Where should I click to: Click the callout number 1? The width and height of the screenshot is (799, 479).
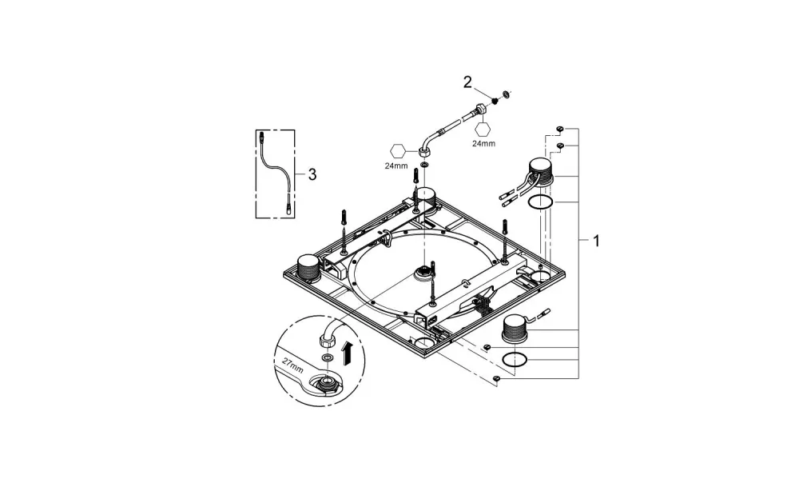pos(596,240)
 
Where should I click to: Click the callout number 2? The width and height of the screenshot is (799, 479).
pos(467,82)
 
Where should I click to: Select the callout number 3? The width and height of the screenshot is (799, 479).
pos(312,175)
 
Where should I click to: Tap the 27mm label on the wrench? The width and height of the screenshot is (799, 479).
pos(293,366)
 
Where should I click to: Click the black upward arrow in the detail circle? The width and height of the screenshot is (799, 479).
pos(348,353)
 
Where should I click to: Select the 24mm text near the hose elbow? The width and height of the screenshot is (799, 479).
pos(396,166)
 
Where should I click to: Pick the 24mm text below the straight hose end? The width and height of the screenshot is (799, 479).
pos(483,143)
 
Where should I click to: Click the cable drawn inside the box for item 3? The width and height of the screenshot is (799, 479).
pos(274,174)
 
